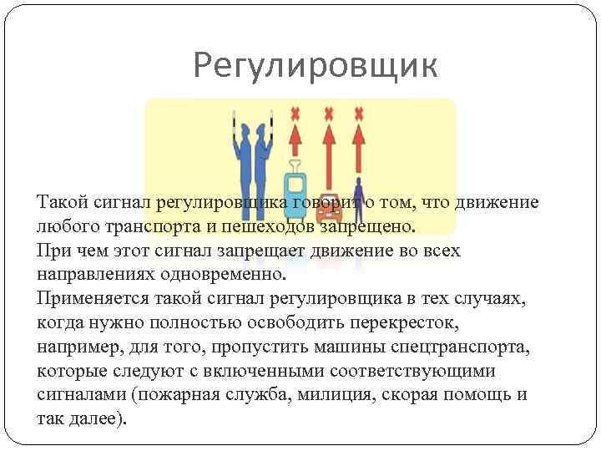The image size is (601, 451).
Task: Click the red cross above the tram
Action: pyautogui.click(x=294, y=113)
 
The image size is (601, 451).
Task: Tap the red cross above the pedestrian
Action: pyautogui.click(x=359, y=113)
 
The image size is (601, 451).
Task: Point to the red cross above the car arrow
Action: pyautogui.click(x=328, y=113)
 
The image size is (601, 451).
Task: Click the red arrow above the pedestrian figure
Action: pyautogui.click(x=359, y=146)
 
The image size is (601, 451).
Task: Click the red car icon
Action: pyautogui.click(x=328, y=219)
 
